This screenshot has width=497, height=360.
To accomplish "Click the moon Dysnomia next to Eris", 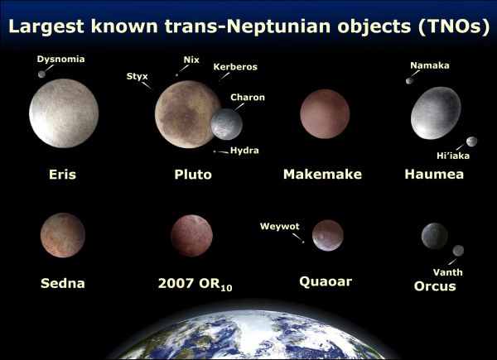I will pyautogui.click(x=42, y=74).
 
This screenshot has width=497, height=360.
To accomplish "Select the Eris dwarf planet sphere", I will pyautogui.click(x=64, y=114).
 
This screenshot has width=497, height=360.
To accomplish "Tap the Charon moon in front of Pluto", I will pyautogui.click(x=226, y=124).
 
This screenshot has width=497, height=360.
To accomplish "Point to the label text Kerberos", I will pyautogui.click(x=234, y=66).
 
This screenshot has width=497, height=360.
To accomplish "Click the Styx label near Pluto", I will pyautogui.click(x=137, y=76).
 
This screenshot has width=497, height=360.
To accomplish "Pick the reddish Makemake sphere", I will pyautogui.click(x=325, y=114).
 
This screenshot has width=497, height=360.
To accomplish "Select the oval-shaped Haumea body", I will pyautogui.click(x=435, y=113).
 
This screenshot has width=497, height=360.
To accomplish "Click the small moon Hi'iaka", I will pyautogui.click(x=471, y=142).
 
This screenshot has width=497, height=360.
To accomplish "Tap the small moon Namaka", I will pyautogui.click(x=408, y=80).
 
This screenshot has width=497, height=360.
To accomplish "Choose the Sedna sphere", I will pyautogui.click(x=62, y=235).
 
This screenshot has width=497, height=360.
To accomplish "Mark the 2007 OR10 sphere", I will pyautogui.click(x=191, y=236).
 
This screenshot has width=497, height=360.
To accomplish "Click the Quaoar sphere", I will pyautogui.click(x=328, y=235).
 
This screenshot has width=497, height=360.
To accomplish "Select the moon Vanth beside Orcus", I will pyautogui.click(x=458, y=251).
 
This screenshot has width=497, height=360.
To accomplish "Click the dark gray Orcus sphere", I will pyautogui.click(x=434, y=237).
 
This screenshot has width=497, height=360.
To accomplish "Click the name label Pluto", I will pyautogui.click(x=193, y=175).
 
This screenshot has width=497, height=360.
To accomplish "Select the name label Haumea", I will pyautogui.click(x=434, y=175).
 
